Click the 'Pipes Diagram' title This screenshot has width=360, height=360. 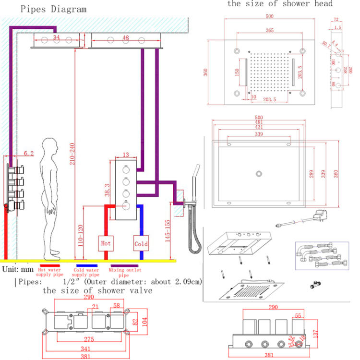click(x=47, y=9)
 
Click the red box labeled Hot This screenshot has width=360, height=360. click(x=106, y=243)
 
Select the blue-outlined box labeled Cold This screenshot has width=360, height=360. click(x=141, y=243)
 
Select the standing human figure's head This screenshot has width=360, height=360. click(x=49, y=146)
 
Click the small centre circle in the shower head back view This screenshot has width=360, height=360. click(x=259, y=173)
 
